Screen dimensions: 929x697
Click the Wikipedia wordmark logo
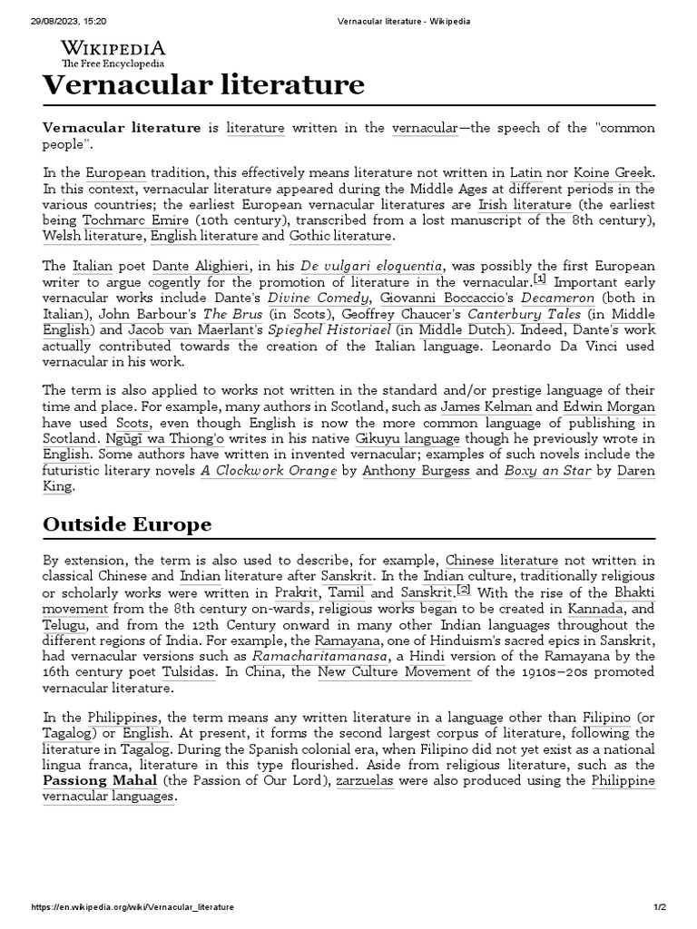point(113,51)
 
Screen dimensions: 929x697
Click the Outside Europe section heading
point(127,524)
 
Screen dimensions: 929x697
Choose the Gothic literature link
point(340,237)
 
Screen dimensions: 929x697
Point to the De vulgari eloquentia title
point(388,267)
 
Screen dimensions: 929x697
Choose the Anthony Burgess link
point(418,472)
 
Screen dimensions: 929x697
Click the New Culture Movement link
point(394,673)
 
